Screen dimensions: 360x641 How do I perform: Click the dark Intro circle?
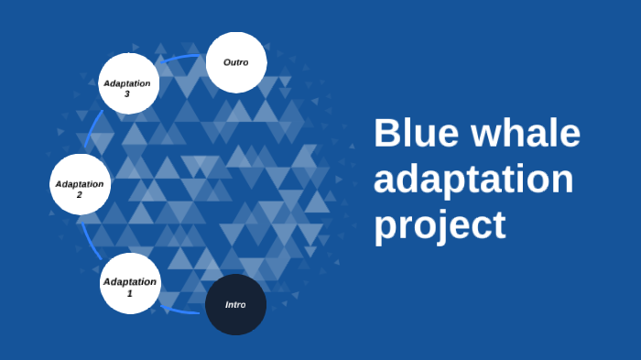(235, 304)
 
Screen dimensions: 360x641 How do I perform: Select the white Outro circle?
(235, 62)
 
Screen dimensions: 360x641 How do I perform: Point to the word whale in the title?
(526, 134)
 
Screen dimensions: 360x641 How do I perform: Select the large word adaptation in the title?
(473, 180)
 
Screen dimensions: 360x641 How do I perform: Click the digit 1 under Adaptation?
(129, 293)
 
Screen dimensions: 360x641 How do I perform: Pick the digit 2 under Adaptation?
(79, 195)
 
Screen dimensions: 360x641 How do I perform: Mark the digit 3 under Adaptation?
(127, 93)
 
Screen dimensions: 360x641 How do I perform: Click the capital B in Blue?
(386, 134)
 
